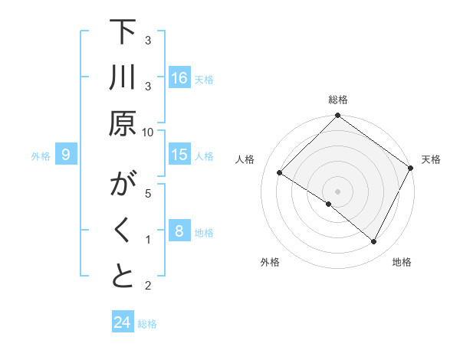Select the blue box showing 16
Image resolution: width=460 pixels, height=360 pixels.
click(x=179, y=78)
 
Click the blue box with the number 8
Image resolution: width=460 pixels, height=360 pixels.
click(x=179, y=231)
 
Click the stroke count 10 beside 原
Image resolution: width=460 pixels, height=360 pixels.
click(x=148, y=132)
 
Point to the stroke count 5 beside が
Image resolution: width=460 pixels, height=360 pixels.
click(x=148, y=192)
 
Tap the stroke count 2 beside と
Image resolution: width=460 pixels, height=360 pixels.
click(x=148, y=286)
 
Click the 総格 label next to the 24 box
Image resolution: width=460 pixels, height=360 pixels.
click(x=147, y=324)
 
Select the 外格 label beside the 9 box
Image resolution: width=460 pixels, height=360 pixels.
click(x=41, y=156)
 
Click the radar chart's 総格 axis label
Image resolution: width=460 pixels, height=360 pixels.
click(x=338, y=100)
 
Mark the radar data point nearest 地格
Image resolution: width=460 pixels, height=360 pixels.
click(x=374, y=242)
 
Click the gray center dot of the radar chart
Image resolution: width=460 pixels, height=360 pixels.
click(x=337, y=191)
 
